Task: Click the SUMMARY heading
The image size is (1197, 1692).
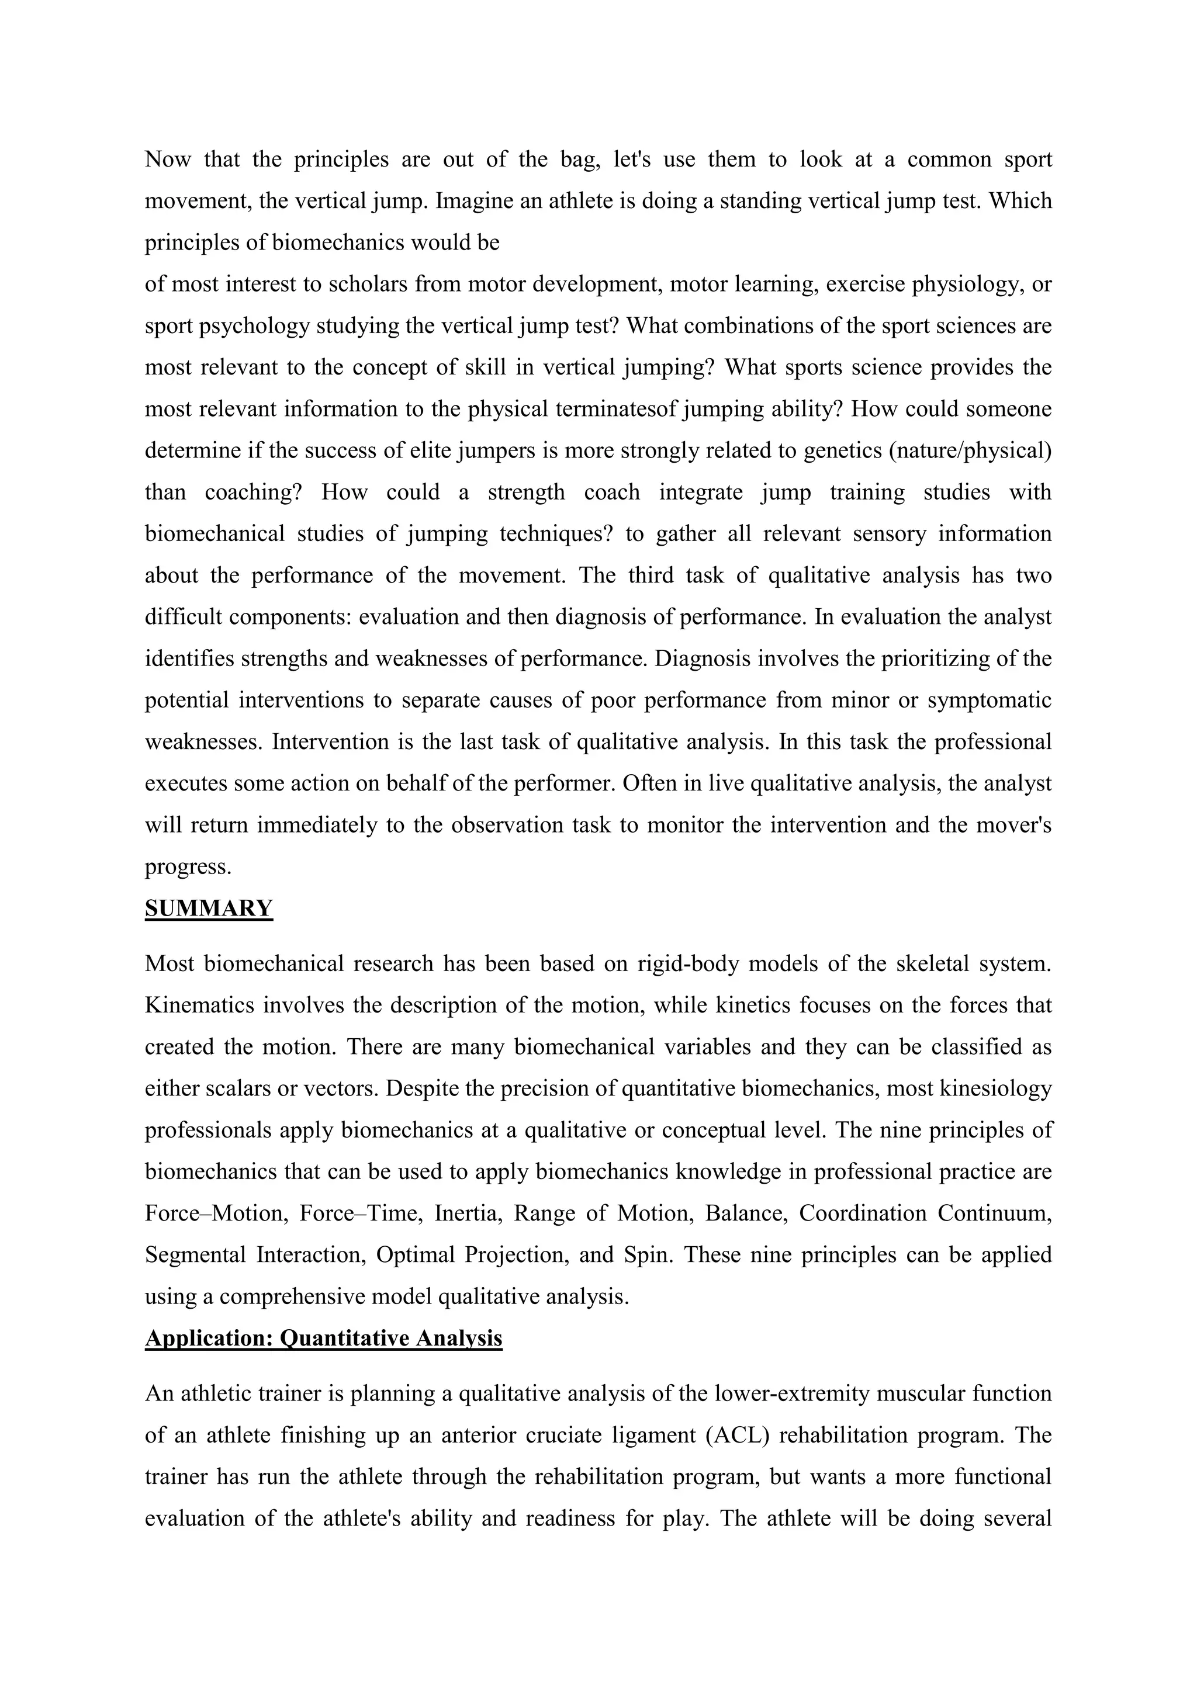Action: (x=209, y=909)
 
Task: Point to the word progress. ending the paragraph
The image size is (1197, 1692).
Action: (x=189, y=866)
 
